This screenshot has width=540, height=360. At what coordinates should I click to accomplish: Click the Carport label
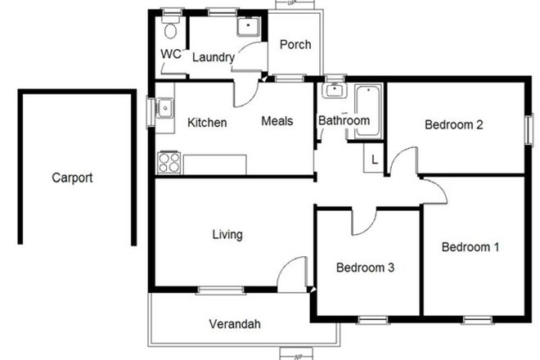(x=73, y=177)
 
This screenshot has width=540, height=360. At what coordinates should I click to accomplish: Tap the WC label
(x=170, y=54)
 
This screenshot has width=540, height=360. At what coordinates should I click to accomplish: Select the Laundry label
(x=214, y=57)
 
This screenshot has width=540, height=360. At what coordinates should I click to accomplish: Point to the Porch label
(x=295, y=44)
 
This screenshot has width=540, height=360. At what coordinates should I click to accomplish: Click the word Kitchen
(x=207, y=123)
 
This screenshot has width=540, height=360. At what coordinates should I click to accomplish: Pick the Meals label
(x=277, y=121)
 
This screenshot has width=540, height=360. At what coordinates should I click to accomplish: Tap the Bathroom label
(x=344, y=120)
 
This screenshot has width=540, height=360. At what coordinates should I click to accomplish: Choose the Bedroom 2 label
(x=454, y=125)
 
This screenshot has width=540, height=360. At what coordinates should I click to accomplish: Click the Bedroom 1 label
(x=470, y=246)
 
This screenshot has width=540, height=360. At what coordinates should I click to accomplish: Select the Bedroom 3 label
(x=366, y=268)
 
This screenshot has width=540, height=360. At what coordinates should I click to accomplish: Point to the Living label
(x=227, y=235)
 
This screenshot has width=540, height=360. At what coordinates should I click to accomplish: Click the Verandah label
(x=234, y=324)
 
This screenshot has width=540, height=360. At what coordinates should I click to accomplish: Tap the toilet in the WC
(x=170, y=29)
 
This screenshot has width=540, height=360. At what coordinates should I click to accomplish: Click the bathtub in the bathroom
(x=367, y=110)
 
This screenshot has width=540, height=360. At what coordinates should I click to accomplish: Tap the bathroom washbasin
(x=333, y=91)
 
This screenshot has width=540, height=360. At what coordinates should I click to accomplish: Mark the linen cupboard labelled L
(x=374, y=160)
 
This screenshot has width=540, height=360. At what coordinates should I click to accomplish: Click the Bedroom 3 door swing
(x=365, y=219)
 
